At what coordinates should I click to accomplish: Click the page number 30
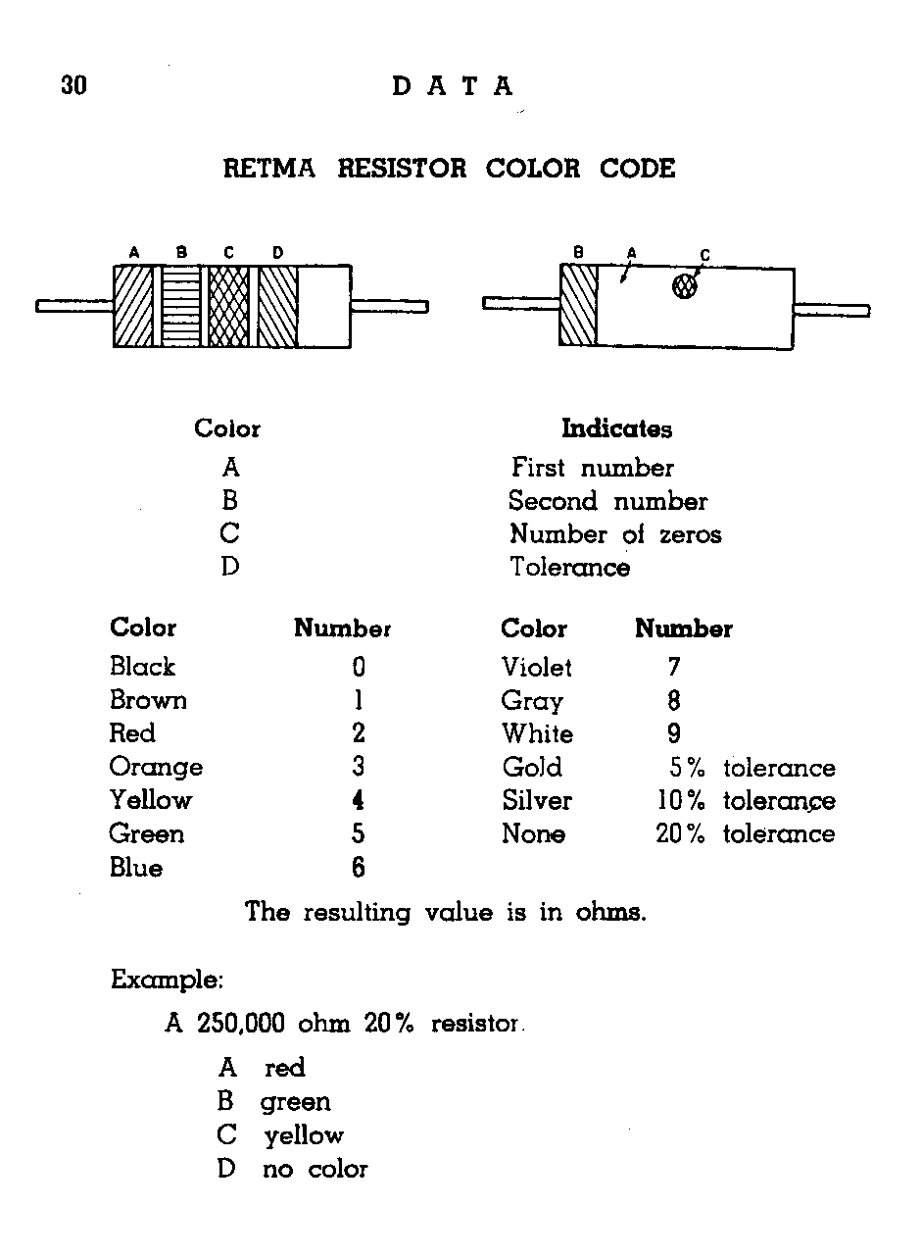point(73,85)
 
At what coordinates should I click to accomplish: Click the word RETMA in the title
point(269,169)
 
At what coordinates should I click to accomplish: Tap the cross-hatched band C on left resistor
point(228,306)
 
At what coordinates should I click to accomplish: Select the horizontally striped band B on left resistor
point(181,306)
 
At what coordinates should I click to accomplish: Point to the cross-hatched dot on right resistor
point(684,286)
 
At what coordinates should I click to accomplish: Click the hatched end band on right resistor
point(578,305)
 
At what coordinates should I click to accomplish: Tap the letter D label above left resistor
point(277,253)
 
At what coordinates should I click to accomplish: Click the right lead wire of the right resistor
point(832,310)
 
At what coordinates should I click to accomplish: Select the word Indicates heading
point(616,428)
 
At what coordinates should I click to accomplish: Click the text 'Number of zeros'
point(615,534)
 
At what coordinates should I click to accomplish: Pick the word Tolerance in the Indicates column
point(570,567)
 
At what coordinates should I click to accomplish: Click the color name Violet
point(536,667)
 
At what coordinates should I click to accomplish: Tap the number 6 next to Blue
point(359,867)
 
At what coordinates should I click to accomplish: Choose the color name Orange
point(156,768)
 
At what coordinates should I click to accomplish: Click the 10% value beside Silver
point(681,800)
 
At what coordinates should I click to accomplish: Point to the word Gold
point(532,767)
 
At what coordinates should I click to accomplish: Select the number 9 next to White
point(674,733)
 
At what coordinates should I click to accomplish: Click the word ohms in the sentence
point(610,912)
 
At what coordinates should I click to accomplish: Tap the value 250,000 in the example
point(241,1023)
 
